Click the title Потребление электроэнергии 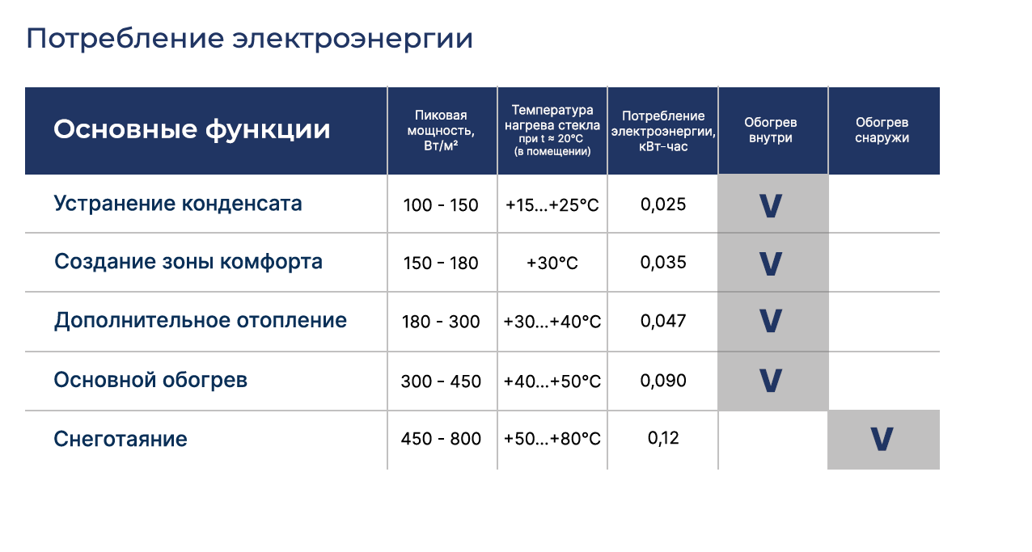[249, 39]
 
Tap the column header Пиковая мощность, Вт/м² [441, 130]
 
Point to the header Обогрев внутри [770, 130]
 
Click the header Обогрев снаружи [882, 130]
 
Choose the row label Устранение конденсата [178, 203]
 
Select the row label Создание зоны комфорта [188, 262]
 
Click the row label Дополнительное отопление [201, 320]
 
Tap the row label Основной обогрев [150, 380]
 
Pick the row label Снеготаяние [121, 439]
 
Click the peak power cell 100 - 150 [441, 204]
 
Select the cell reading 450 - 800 [441, 439]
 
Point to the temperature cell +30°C [552, 263]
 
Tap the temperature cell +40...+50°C [552, 381]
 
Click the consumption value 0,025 [663, 204]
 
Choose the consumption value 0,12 [663, 438]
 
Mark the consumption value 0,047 [663, 321]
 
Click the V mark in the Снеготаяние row [882, 439]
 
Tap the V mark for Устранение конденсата [770, 206]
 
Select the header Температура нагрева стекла [552, 117]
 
